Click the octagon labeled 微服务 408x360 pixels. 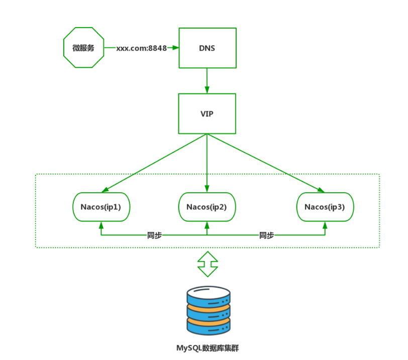pos(83,49)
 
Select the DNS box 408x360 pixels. pos(207,48)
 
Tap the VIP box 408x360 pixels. pos(207,113)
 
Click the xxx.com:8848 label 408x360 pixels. pos(141,49)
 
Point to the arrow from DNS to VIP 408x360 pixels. pos(207,80)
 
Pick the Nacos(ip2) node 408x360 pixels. pos(207,206)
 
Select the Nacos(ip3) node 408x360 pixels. pos(325,206)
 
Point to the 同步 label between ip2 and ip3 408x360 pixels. pos(266,235)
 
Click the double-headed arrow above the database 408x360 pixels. pos(207,264)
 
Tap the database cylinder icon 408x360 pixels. pos(208,311)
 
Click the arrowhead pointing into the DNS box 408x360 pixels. pos(176,48)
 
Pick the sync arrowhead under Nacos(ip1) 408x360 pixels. pos(101,226)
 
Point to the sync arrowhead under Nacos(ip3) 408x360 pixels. pos(325,226)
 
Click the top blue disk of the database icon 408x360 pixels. pos(208,294)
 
